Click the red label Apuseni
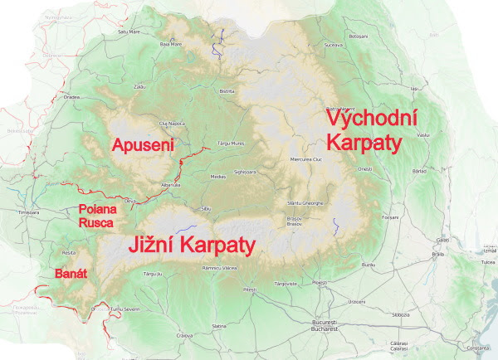pos(144,145)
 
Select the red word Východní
pos(373,119)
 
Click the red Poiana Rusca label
pos(97,215)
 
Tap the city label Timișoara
pos(28,213)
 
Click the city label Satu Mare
pos(129,32)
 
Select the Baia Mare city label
pos(170,44)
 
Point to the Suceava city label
pos(333,44)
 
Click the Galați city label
pos(442,240)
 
